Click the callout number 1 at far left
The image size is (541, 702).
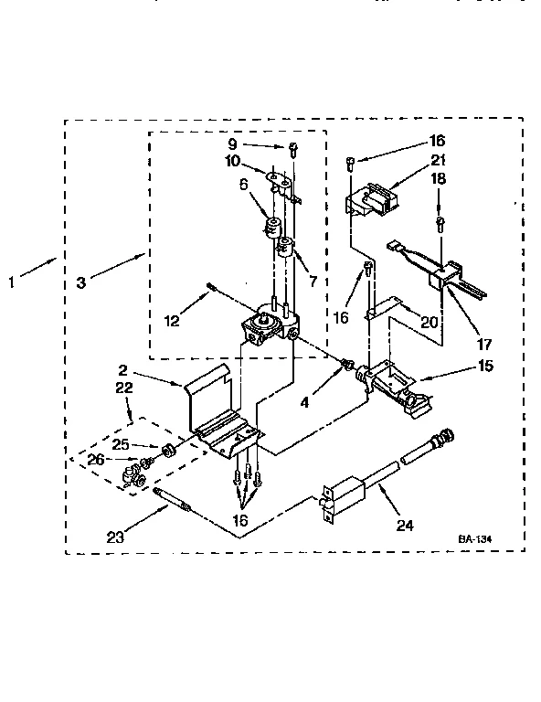(12, 282)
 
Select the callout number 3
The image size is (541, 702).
(81, 283)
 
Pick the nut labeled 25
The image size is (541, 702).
(169, 450)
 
